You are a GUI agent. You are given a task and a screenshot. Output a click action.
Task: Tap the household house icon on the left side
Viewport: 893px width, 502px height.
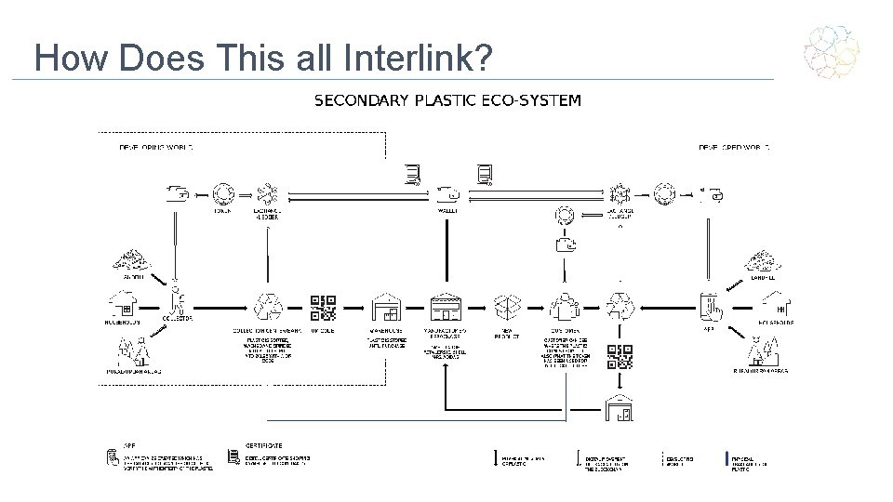tap(123, 303)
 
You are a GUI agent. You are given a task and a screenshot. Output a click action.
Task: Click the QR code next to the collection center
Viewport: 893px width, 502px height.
tap(322, 307)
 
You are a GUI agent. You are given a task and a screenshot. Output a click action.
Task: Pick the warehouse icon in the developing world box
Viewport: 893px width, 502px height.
tap(384, 307)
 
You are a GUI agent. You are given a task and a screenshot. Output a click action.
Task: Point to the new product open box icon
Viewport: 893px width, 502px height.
tap(507, 307)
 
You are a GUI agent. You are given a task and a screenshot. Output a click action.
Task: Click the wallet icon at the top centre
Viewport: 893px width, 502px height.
tap(447, 194)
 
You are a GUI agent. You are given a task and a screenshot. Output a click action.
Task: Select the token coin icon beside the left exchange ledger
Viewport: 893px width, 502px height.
tap(222, 194)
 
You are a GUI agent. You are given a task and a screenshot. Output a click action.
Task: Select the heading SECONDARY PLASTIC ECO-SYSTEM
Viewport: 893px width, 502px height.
tap(447, 100)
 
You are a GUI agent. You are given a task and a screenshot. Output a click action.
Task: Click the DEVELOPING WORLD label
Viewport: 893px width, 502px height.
tap(155, 148)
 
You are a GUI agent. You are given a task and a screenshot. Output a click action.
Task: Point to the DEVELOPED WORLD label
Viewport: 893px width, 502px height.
tap(734, 148)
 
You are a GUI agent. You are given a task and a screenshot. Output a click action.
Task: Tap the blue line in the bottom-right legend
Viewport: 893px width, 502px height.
tap(726, 458)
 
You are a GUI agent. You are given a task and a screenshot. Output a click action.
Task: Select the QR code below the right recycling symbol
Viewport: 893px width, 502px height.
tap(620, 357)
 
